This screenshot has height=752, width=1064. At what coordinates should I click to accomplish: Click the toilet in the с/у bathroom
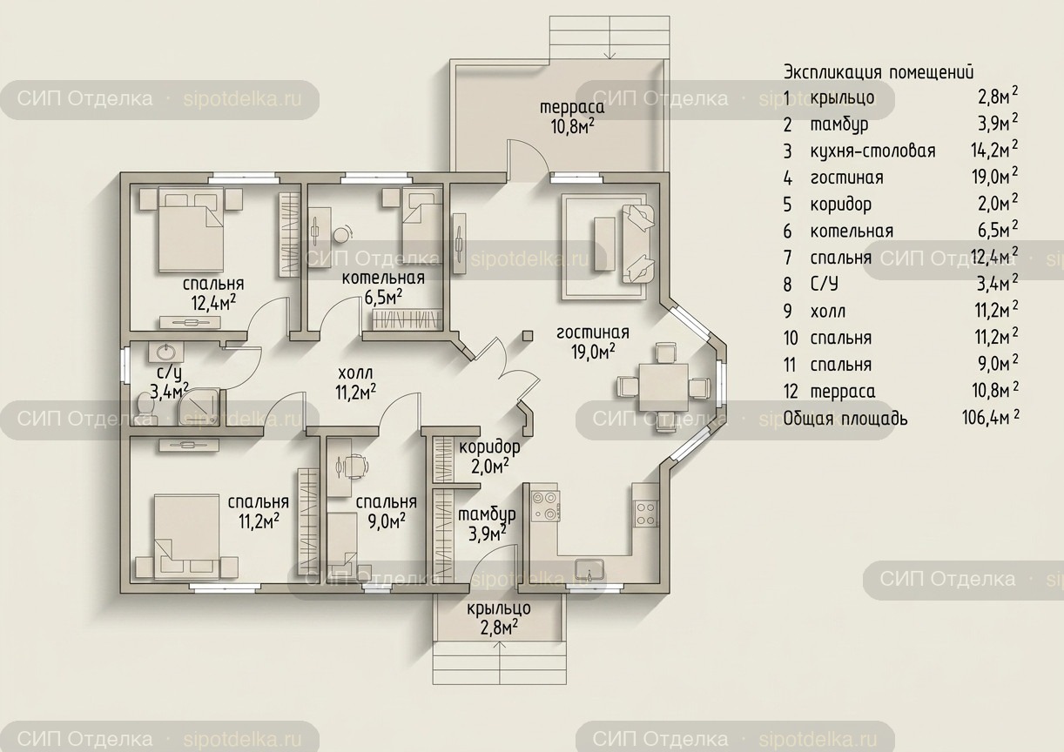(144, 405)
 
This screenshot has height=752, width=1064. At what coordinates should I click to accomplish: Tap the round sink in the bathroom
(165, 352)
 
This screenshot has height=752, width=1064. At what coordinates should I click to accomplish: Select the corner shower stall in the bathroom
(200, 406)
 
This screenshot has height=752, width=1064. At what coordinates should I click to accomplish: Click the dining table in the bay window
(663, 387)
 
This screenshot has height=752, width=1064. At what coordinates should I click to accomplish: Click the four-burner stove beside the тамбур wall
(545, 506)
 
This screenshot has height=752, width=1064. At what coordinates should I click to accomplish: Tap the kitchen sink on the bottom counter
(589, 570)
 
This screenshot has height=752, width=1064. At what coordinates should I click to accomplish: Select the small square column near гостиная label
(528, 335)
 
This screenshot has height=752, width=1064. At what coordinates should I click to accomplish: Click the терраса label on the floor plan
(572, 107)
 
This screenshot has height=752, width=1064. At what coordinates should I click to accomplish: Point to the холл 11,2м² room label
(356, 383)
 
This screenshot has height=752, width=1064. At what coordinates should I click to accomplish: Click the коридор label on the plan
(488, 447)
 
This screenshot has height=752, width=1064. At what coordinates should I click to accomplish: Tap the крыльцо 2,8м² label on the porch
(499, 618)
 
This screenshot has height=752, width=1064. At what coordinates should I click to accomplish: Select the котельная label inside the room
(383, 278)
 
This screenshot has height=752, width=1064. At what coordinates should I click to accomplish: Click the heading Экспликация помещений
(879, 72)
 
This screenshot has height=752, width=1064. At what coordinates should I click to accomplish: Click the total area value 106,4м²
(990, 417)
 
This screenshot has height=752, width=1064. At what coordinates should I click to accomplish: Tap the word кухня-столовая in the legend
(872, 151)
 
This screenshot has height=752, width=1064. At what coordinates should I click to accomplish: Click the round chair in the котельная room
(341, 234)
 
